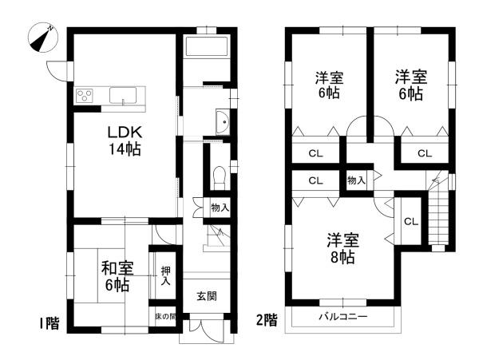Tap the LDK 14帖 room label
[125, 140]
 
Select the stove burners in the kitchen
[85, 95]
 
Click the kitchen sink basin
[123, 96]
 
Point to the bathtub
[207, 46]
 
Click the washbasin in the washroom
[223, 122]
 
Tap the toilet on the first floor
[219, 177]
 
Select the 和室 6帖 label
[117, 276]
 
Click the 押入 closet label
[166, 276]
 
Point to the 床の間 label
[166, 317]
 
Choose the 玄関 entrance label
[207, 296]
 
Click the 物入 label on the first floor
[220, 208]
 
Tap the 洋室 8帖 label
[342, 249]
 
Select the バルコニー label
[343, 317]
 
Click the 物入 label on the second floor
[356, 180]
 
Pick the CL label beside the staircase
[411, 221]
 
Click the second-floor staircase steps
[438, 217]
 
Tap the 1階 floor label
[49, 323]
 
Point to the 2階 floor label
[267, 321]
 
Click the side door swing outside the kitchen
[57, 72]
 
